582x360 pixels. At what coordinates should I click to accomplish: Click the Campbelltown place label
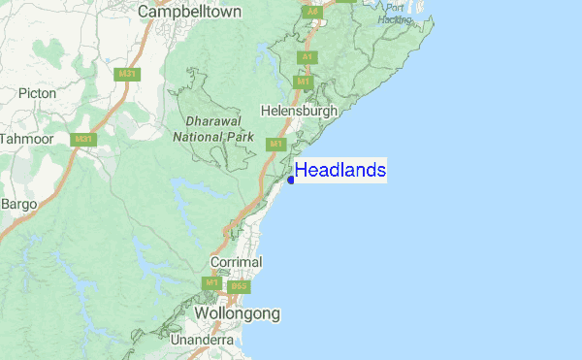(189, 12)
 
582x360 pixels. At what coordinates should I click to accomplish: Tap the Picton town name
(38, 94)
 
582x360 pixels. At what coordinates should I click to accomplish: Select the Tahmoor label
(25, 139)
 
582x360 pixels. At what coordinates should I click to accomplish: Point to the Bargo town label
(18, 204)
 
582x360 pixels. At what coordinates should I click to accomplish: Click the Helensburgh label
(300, 112)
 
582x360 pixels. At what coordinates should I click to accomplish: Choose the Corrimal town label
(236, 262)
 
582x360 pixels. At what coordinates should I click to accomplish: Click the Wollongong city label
(237, 314)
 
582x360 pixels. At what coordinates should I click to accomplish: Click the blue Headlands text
(340, 171)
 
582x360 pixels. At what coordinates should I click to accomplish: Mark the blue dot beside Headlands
(291, 180)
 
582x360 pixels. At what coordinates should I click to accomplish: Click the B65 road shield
(240, 286)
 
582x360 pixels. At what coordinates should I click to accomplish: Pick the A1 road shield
(307, 57)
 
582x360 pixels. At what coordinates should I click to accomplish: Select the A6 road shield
(312, 12)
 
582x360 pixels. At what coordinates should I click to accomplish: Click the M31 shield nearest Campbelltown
(126, 74)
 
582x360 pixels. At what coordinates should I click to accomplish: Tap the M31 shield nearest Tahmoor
(84, 139)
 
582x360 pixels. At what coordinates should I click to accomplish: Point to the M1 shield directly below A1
(304, 82)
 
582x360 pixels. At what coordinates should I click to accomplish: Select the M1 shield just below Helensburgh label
(275, 144)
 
